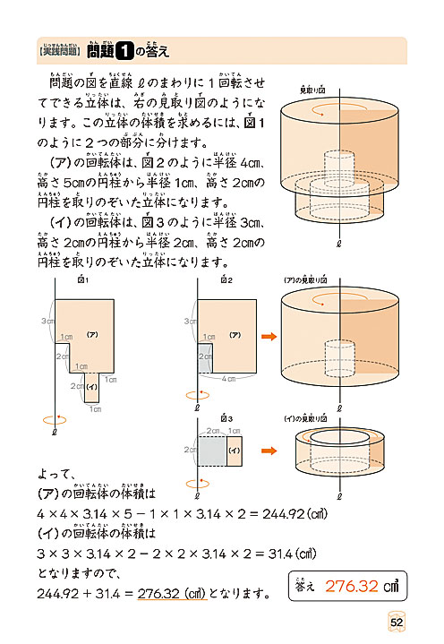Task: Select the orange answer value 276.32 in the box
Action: tap(355, 587)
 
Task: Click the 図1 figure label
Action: tap(84, 281)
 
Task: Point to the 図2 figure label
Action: tap(226, 281)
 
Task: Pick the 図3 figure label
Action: tap(226, 417)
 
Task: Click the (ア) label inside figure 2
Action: tap(235, 334)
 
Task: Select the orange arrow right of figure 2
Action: tap(268, 337)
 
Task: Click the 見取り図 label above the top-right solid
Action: tap(312, 90)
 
